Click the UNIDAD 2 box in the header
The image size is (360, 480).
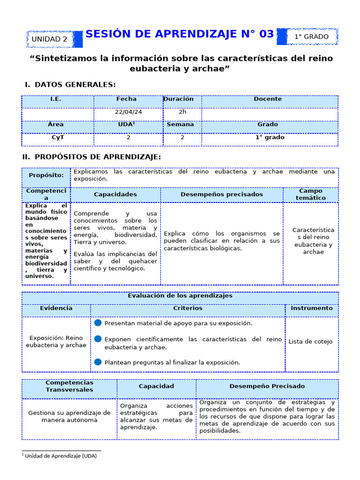point(49,39)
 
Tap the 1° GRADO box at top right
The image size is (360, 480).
point(312,37)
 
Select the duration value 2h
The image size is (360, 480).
point(182,112)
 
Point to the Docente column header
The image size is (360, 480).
point(268,99)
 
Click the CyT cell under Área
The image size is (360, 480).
point(58,138)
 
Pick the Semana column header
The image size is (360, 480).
point(180,125)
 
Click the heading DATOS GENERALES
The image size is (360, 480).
point(75,84)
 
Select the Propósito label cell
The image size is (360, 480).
point(46,175)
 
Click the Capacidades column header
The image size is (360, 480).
point(115,194)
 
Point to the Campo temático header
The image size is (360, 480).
point(310,195)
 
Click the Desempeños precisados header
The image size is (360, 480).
point(222,194)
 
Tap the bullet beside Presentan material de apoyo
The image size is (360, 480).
point(97,323)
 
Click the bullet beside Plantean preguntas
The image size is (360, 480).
point(97,362)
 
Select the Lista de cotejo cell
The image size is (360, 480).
point(310,342)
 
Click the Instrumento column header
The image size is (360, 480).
point(311,308)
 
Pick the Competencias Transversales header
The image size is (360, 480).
point(69,386)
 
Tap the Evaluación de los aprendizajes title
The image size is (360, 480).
point(180,296)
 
